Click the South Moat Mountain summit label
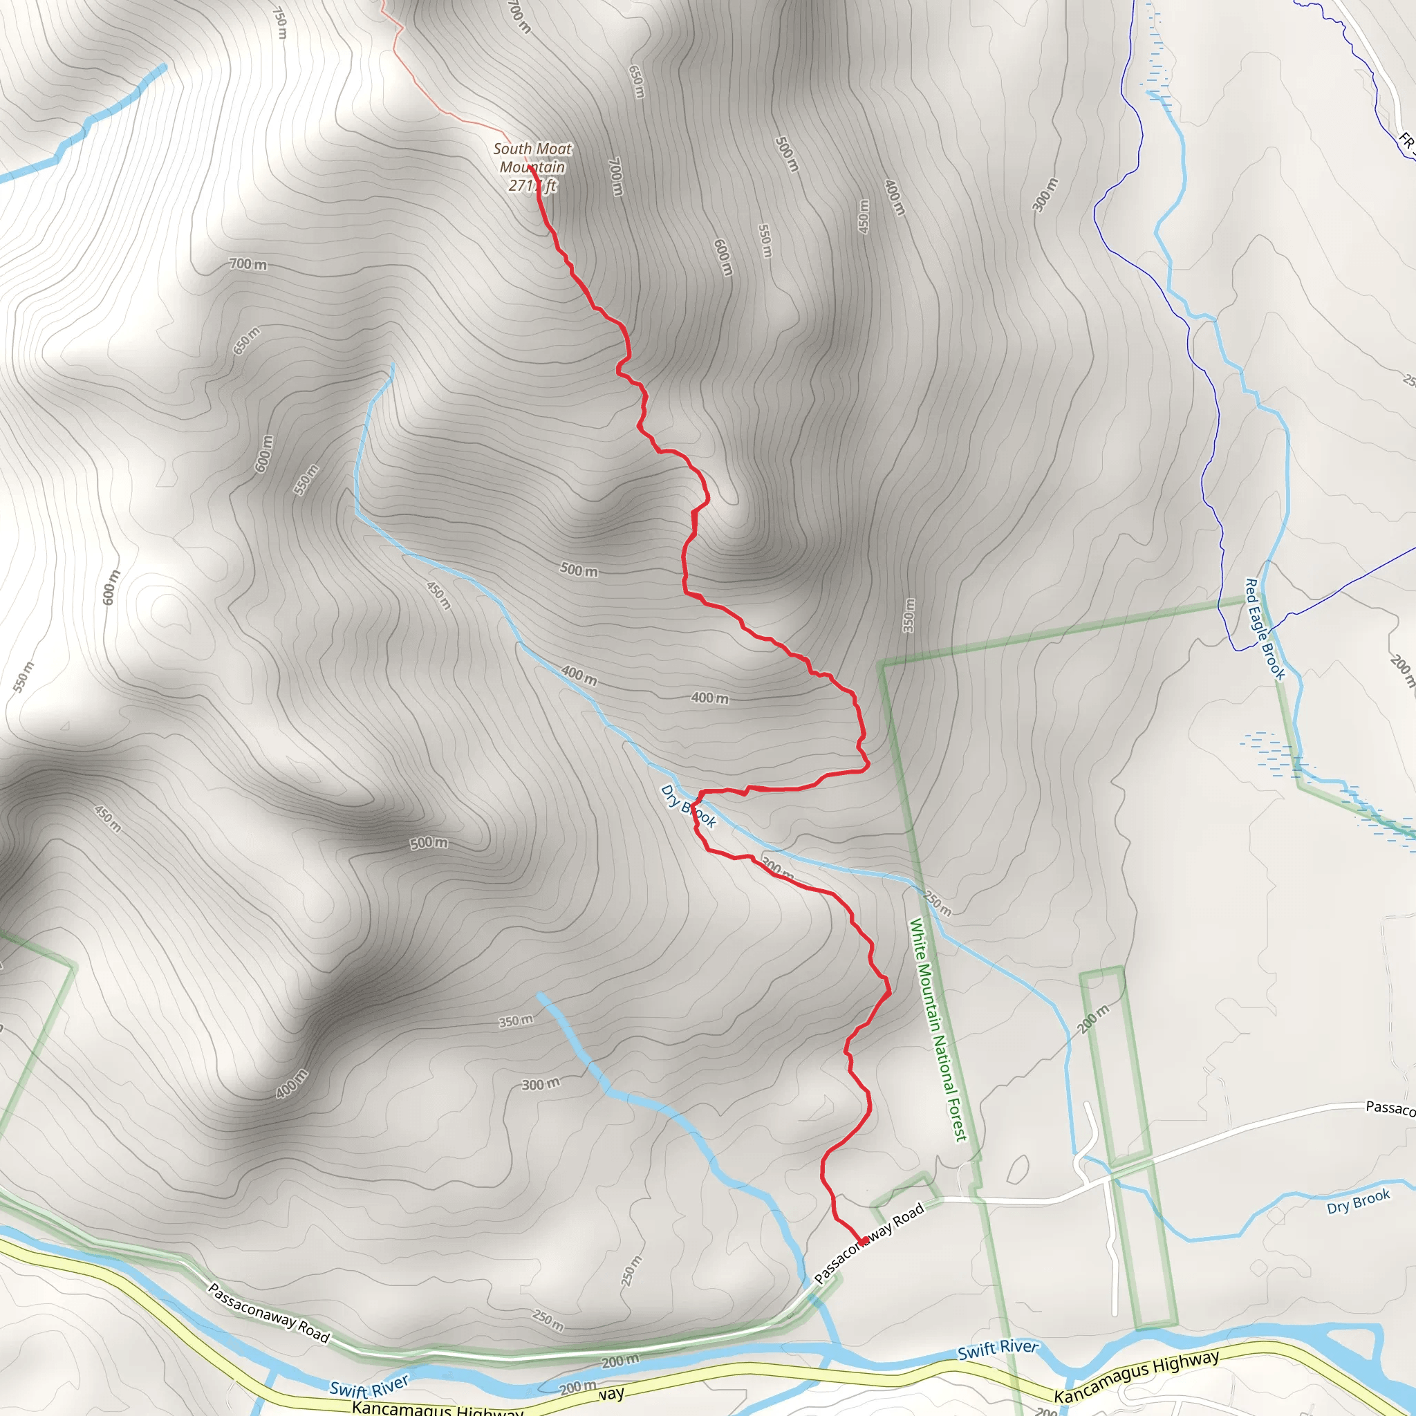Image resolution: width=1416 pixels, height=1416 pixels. (532, 158)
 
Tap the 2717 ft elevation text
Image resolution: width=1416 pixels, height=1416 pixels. (533, 186)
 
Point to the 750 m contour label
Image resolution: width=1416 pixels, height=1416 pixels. (279, 23)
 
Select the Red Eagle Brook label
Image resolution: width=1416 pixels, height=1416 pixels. (1265, 629)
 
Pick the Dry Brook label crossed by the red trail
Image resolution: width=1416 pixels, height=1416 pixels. (688, 806)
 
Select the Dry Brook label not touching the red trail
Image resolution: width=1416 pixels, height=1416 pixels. (1358, 1200)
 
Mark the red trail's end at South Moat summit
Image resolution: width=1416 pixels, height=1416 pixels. (530, 169)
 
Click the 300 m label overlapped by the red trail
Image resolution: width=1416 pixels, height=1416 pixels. (777, 868)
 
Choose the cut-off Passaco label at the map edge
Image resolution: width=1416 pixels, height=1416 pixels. (1390, 1108)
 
